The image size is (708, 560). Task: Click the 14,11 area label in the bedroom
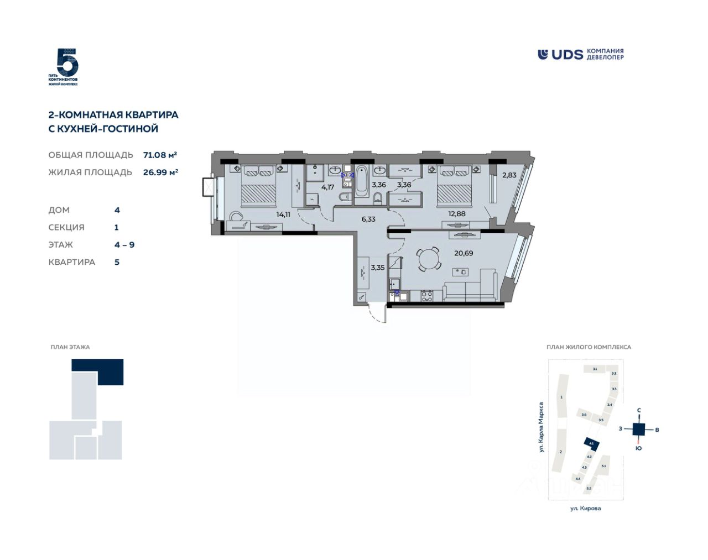pos(283,214)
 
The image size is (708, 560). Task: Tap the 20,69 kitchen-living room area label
pos(464,253)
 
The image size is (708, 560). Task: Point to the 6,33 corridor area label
pos(368,219)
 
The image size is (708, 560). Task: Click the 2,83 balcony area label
pos(509,175)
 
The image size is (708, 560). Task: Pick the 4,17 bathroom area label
pos(327,187)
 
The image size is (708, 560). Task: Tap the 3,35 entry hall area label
pos(378,268)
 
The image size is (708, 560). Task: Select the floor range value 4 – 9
pos(124,244)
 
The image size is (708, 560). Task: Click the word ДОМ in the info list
pos(59,210)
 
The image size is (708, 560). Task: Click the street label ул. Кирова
pos(585,508)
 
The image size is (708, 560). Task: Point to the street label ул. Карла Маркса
pos(542,427)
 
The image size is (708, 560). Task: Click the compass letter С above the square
pos(639,410)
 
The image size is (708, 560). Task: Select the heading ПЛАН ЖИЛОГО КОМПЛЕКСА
pos(589,347)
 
